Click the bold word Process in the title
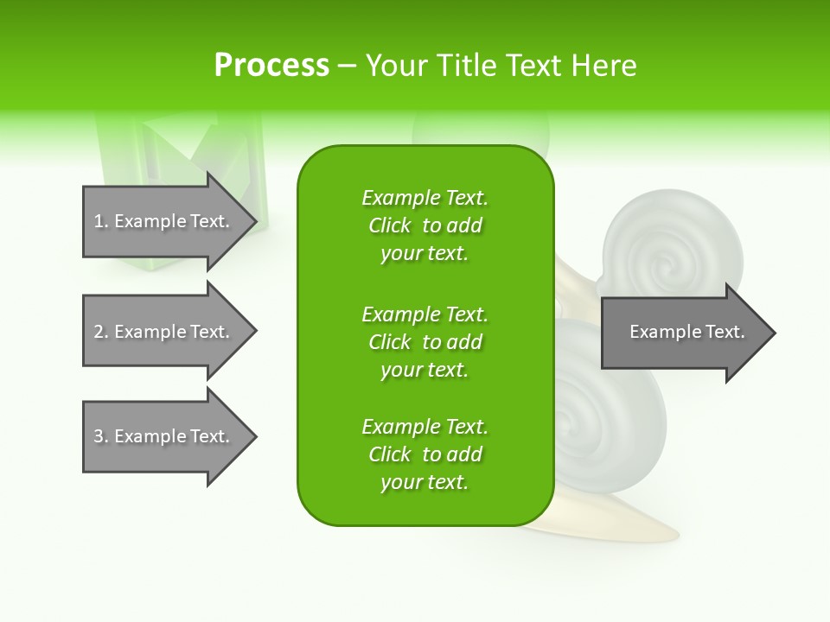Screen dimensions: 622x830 (271, 66)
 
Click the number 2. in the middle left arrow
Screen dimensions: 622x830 (101, 332)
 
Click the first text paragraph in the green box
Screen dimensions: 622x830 (425, 225)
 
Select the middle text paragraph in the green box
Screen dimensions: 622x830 (425, 341)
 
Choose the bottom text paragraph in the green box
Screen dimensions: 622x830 (425, 454)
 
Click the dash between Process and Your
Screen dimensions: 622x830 (347, 67)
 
